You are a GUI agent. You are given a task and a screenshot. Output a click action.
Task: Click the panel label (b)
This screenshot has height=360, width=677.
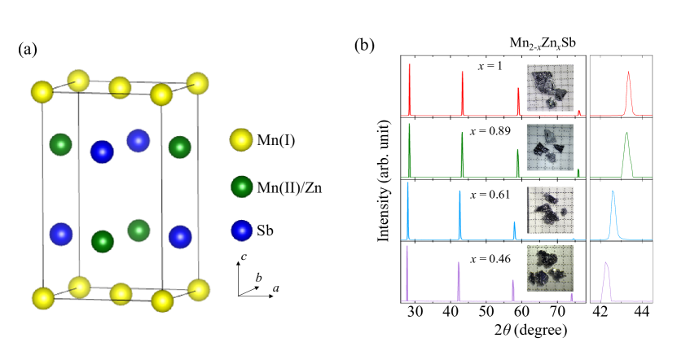coord(364,46)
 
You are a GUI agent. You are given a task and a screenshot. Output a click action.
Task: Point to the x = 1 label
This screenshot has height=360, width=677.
coord(490,68)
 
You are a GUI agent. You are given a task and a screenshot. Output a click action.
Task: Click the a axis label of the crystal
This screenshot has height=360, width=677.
coord(278,289)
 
